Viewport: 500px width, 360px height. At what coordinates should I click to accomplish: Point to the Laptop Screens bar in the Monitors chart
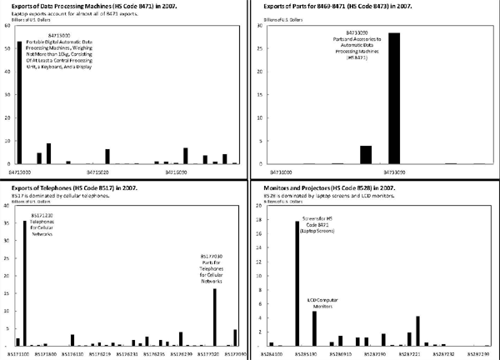(x=297, y=283)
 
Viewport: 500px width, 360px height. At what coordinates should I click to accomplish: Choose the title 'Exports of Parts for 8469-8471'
(x=326, y=6)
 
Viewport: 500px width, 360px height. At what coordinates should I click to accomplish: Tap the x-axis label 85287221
(x=412, y=354)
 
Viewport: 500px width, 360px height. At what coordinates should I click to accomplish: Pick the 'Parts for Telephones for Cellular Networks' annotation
(x=214, y=268)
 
